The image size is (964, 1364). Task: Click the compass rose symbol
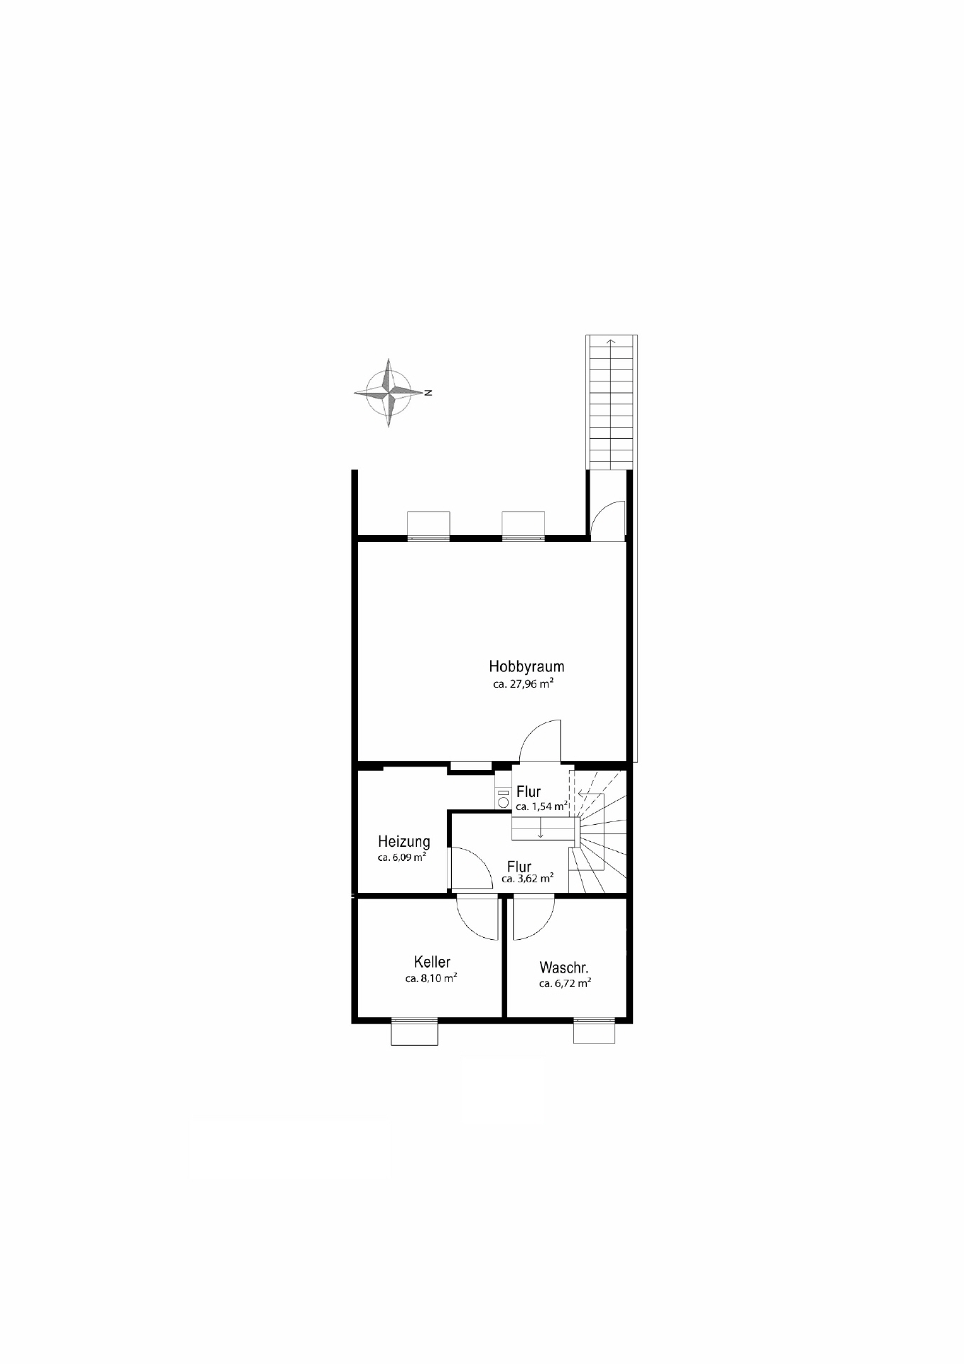pos(388,393)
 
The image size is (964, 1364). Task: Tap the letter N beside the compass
pos(428,392)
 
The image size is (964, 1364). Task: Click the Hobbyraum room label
pos(526,666)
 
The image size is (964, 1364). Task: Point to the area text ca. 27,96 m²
pos(523,684)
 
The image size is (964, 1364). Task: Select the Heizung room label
pos(404,842)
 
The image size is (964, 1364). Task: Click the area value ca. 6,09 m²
pos(402,857)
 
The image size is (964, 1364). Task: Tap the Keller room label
pos(432,962)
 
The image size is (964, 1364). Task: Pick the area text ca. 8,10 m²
pos(430,978)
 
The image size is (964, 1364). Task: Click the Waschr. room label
pos(564,968)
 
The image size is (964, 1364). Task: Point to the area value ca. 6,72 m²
pos(565,984)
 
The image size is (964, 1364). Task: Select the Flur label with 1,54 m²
pos(529,791)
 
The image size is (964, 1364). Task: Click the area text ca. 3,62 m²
pos(527,879)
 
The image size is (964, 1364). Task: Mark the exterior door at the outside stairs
pos(608,521)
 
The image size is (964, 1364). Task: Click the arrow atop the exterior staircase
pos(611,343)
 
